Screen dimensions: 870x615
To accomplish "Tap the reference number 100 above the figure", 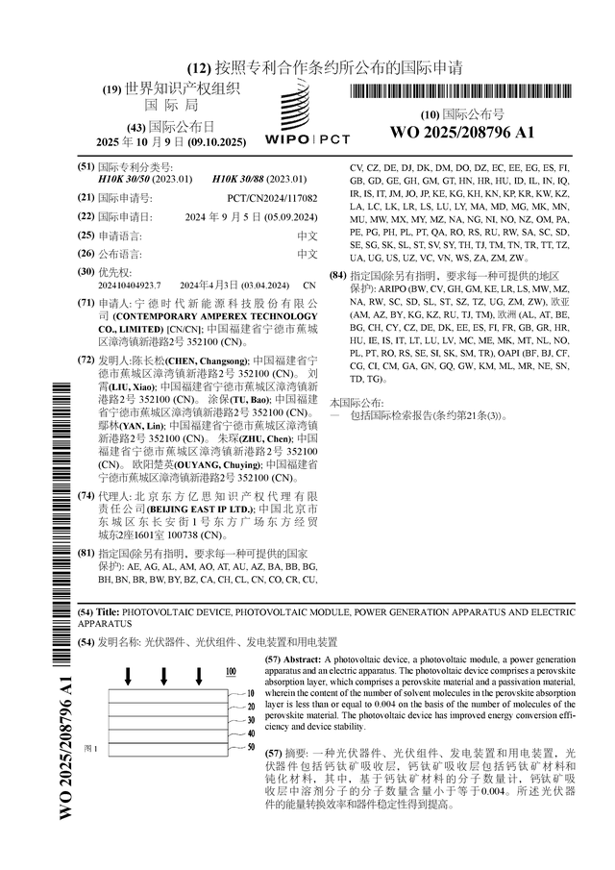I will click(x=231, y=672).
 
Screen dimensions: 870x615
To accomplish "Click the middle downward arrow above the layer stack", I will click(x=163, y=678).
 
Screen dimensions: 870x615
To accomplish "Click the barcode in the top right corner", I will click(x=461, y=92).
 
